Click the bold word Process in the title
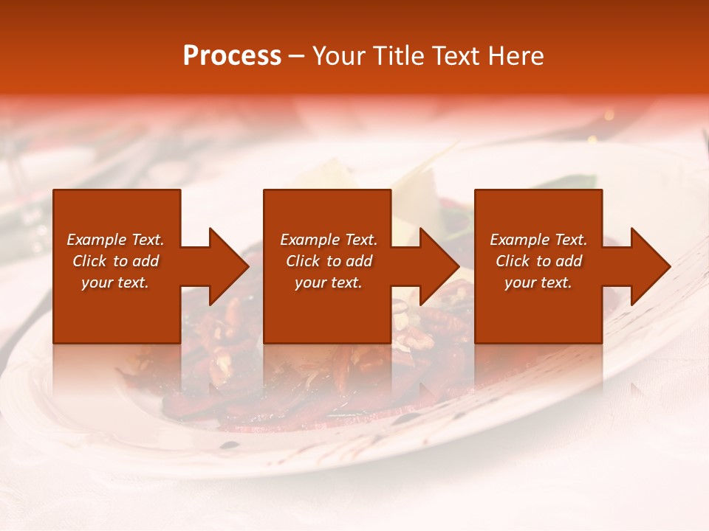tap(232, 56)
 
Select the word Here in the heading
tap(516, 56)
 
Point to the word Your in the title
tap(340, 56)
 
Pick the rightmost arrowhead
tap(649, 266)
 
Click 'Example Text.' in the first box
tap(115, 240)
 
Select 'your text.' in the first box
tap(115, 282)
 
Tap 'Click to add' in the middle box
tap(329, 261)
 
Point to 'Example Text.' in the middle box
tap(329, 240)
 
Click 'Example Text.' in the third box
tap(538, 240)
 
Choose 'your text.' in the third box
tap(538, 282)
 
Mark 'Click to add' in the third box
tap(538, 261)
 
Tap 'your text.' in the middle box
tap(329, 282)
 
